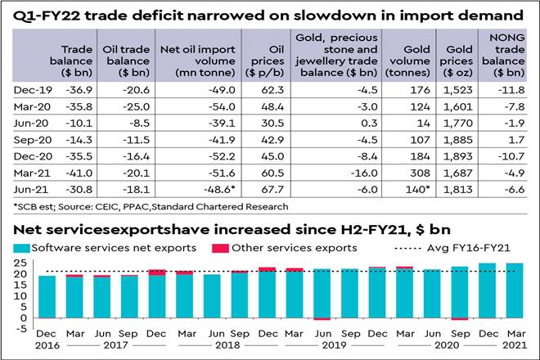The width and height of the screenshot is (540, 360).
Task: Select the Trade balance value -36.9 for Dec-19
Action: point(70,90)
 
